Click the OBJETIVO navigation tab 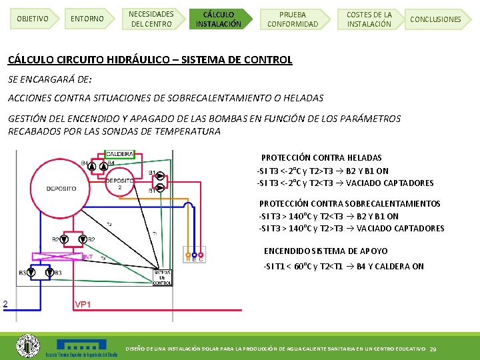33,19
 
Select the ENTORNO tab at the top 87,19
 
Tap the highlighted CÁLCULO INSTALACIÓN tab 219,19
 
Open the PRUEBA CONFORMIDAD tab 293,19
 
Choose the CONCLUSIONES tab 435,19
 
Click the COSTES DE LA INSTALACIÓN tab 369,19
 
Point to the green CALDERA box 119,155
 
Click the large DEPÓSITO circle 61,188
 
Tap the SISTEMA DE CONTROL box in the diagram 162,277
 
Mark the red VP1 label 83,304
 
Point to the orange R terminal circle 187,253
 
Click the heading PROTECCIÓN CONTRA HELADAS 321,158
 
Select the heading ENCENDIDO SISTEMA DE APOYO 325,251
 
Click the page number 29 433,349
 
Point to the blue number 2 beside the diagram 5,304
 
